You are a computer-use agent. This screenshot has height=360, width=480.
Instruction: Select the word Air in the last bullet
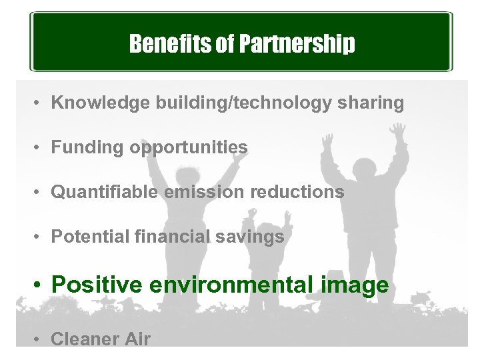(x=136, y=339)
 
